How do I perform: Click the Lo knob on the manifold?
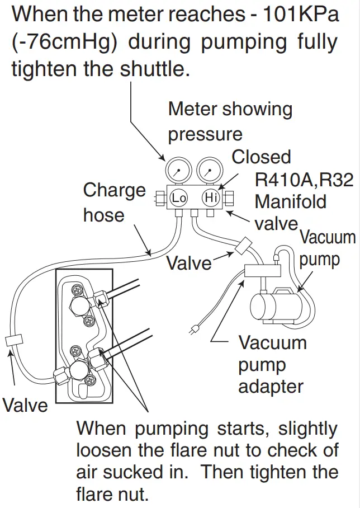click(x=178, y=197)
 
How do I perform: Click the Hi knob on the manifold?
click(x=210, y=197)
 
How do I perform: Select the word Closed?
click(x=262, y=157)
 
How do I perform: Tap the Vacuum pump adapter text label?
click(x=272, y=364)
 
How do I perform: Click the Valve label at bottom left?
click(x=25, y=404)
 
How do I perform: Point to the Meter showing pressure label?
click(x=230, y=121)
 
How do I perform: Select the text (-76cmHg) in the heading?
click(x=65, y=42)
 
